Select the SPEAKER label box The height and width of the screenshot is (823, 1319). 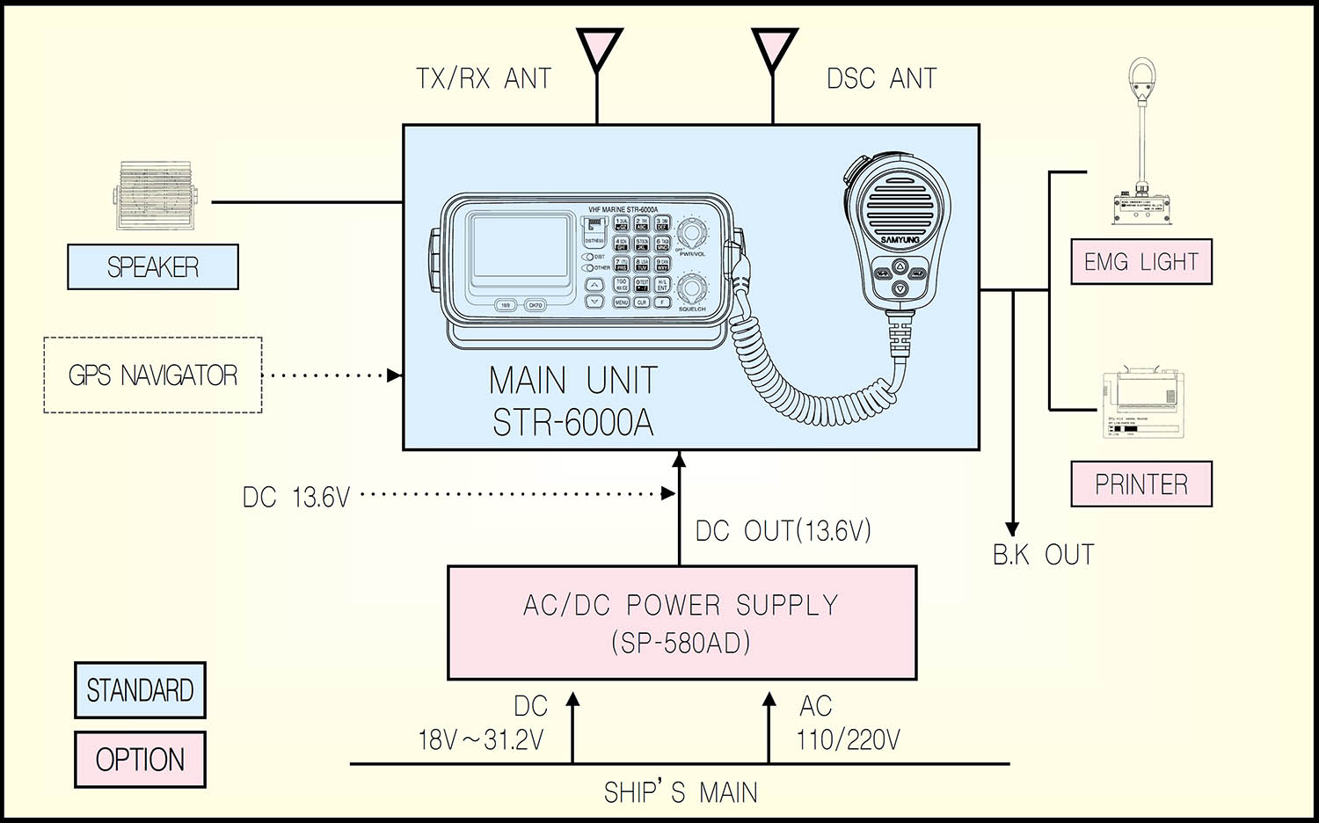(x=153, y=267)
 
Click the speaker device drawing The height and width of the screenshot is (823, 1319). (x=156, y=196)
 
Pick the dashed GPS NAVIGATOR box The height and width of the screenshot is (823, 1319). (x=153, y=375)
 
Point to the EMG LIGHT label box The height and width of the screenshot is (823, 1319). (x=1140, y=262)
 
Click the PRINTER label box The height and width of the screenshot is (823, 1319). (x=1140, y=484)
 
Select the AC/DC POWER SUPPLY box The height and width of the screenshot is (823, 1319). (x=681, y=623)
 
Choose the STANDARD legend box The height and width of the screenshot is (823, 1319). (x=140, y=690)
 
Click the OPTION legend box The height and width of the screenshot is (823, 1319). (x=140, y=759)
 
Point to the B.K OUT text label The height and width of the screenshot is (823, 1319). (x=1043, y=556)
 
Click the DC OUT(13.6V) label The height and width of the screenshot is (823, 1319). (x=783, y=531)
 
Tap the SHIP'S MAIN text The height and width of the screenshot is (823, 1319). (x=680, y=792)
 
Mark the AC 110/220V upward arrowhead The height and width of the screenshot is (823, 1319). (x=769, y=700)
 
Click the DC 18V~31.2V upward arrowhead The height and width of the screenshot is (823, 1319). (x=572, y=700)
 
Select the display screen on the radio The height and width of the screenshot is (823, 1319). (x=519, y=248)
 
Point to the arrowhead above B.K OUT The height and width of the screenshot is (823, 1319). (x=1012, y=529)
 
